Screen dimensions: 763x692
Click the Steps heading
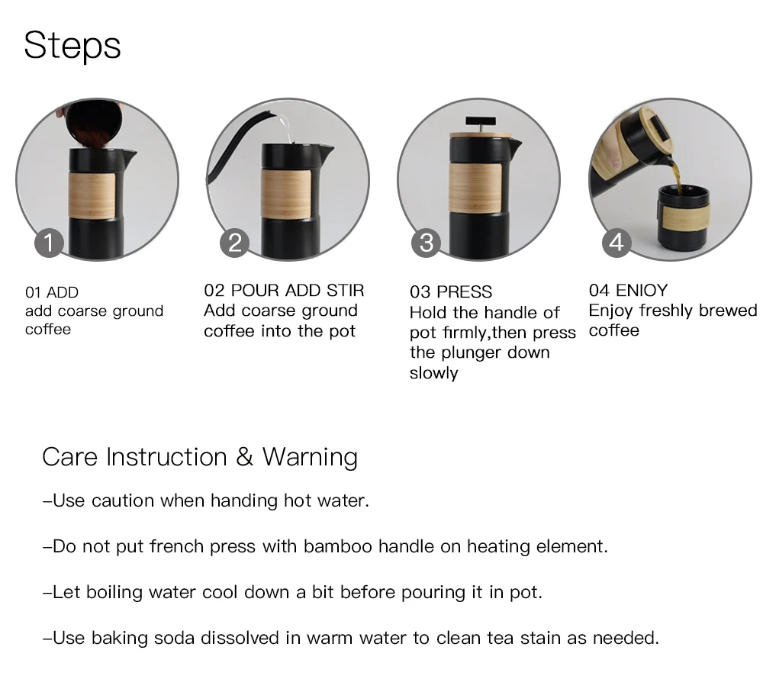tap(72, 46)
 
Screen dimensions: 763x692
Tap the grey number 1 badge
tap(49, 243)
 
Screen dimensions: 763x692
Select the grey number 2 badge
tap(234, 243)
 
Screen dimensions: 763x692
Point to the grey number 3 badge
tap(427, 243)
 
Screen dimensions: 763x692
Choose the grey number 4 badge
tap(617, 243)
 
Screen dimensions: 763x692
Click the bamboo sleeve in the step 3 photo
tap(475, 188)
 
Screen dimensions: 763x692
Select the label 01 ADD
tap(52, 292)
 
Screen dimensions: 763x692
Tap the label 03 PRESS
tap(451, 292)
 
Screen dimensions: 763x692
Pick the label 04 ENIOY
tap(628, 291)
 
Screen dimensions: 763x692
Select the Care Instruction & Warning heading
tap(200, 458)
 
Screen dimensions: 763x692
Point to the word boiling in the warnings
tap(114, 593)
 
